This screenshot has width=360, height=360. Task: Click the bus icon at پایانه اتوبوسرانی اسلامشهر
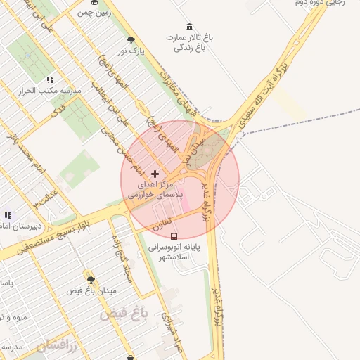pos(174,236)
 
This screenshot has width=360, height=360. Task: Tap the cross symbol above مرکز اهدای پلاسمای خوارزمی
pos(155,173)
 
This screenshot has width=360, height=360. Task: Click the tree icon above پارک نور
pos(131,40)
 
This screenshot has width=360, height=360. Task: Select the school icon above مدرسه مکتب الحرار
pos(49,80)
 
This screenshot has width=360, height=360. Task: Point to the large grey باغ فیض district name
pos(124,314)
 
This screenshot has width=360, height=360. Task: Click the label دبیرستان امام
pos(22,226)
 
